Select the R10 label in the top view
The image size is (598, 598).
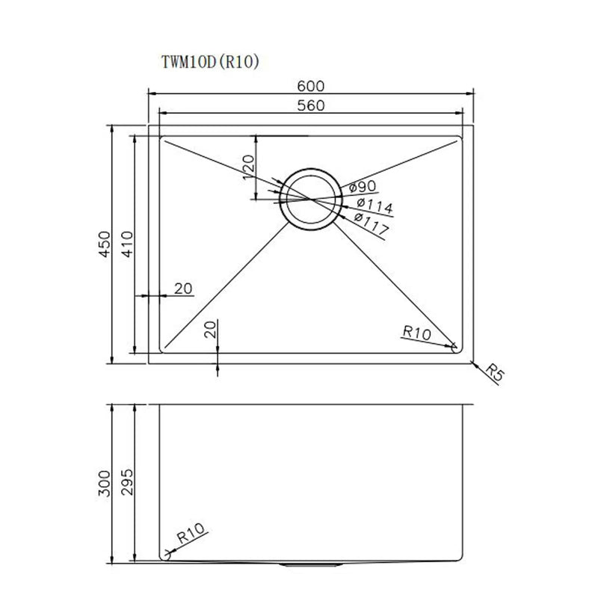click(415, 332)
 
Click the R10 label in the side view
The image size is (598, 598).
click(191, 536)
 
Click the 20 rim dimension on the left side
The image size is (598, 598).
click(183, 289)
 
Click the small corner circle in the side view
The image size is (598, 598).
click(167, 557)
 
